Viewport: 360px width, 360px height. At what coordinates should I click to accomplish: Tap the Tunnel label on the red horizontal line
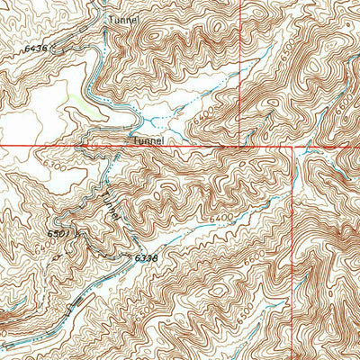[x=148, y=141]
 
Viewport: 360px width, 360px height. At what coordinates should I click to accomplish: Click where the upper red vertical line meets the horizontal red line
[x=240, y=144]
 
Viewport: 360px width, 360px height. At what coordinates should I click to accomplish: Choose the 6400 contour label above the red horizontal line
[x=198, y=114]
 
